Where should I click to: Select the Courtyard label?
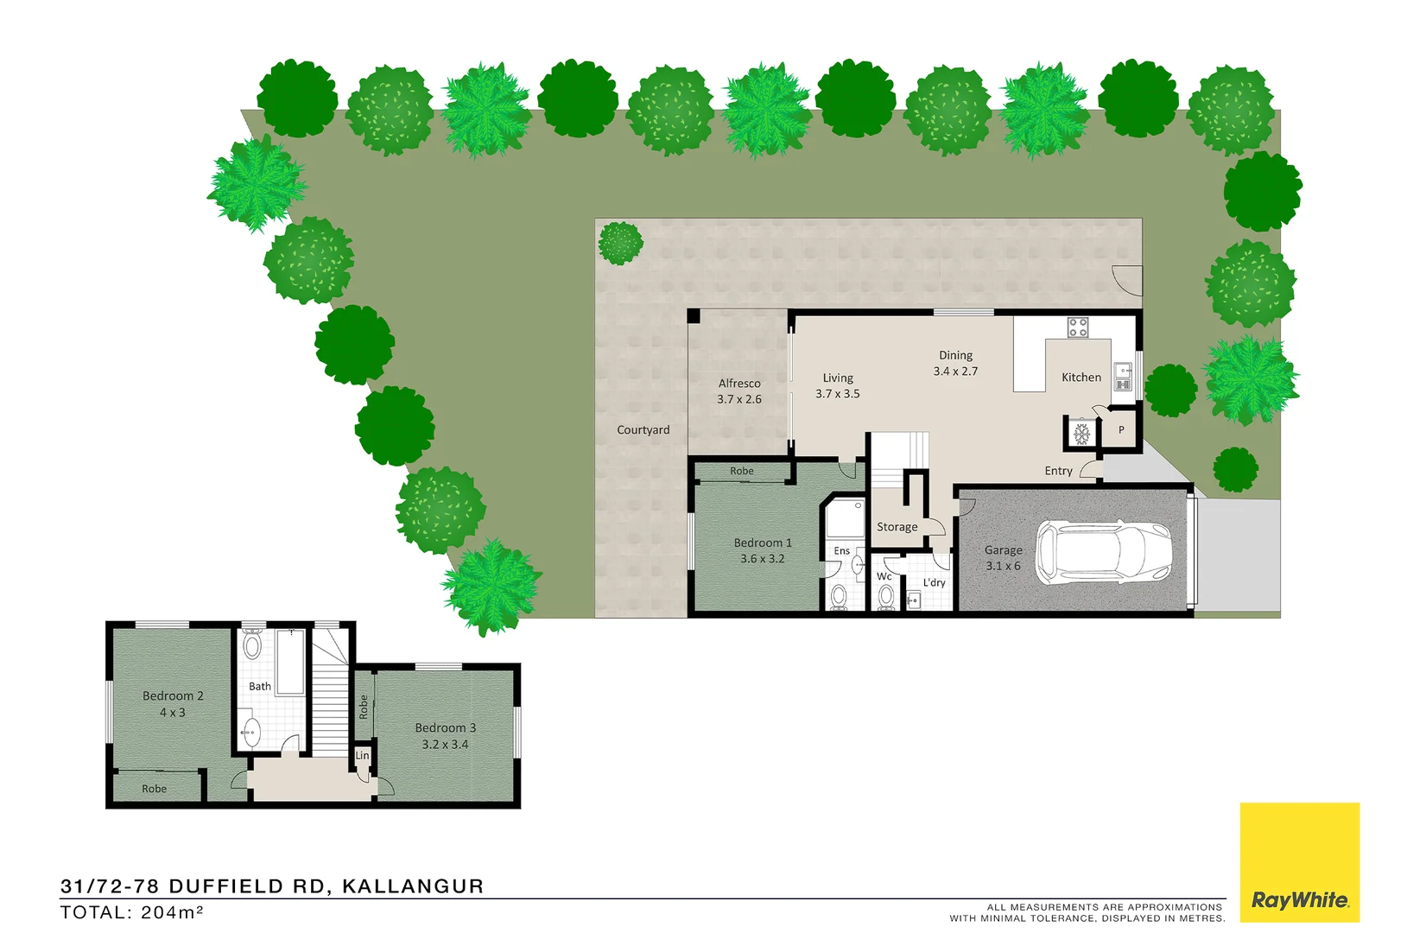click(643, 430)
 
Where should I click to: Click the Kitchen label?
click(1081, 378)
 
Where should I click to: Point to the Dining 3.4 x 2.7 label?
click(955, 364)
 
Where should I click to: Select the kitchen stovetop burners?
click(1077, 327)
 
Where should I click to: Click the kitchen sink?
click(1123, 377)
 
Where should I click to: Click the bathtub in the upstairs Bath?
click(291, 661)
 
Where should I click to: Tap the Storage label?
click(897, 527)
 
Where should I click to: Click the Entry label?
click(1058, 471)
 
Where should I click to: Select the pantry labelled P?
click(1121, 430)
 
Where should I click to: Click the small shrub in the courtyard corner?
click(620, 243)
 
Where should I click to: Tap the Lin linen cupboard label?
click(362, 756)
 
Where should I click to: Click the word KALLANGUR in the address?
click(413, 886)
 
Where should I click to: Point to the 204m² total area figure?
click(172, 912)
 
